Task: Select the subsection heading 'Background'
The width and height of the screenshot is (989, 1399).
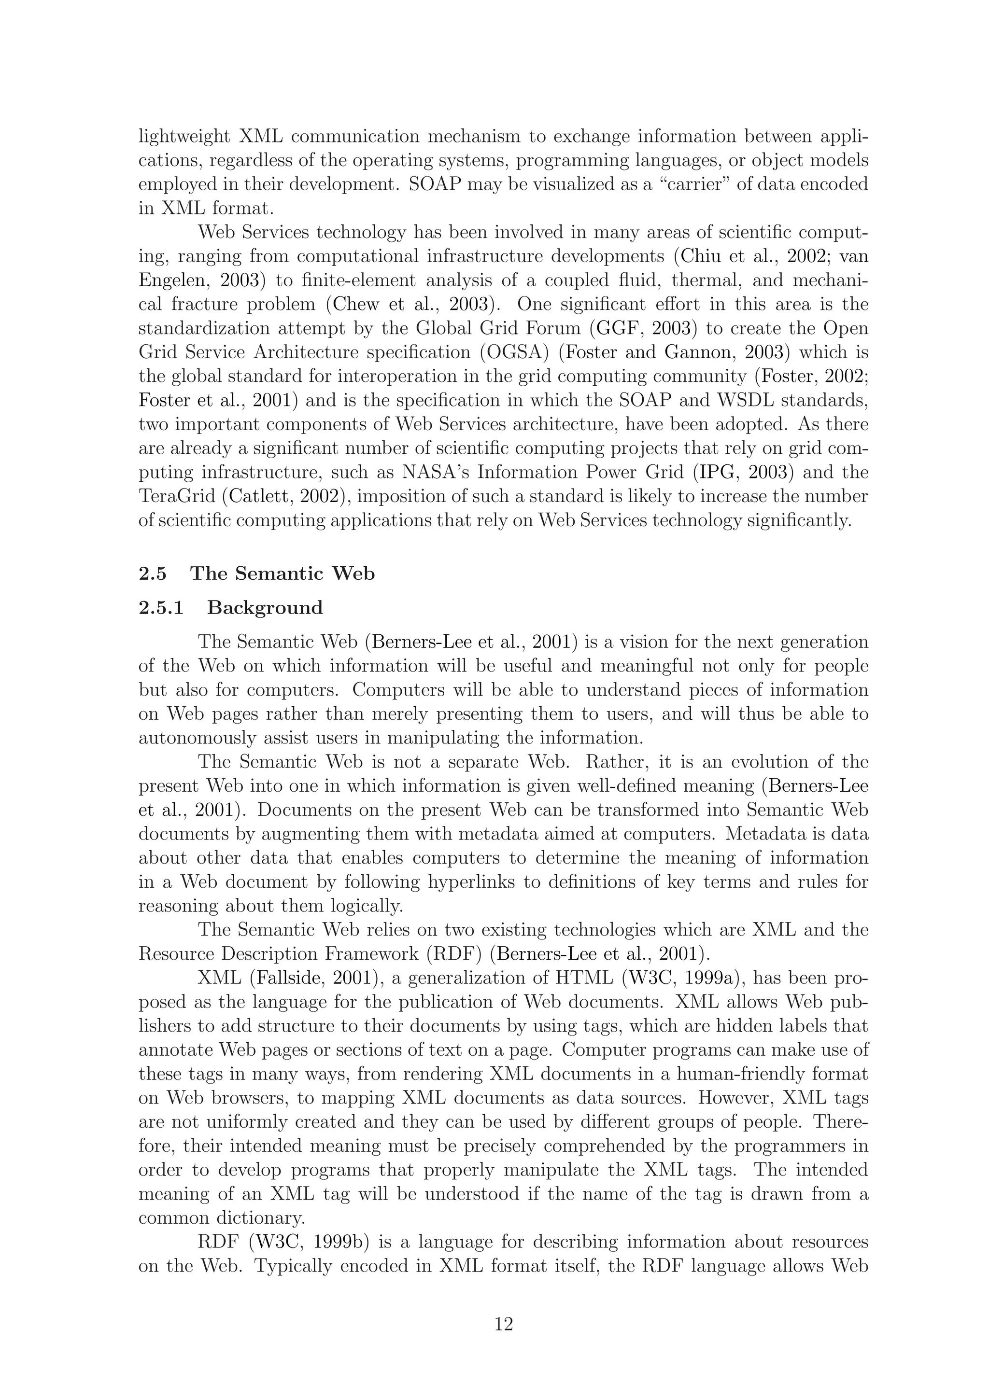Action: (x=265, y=608)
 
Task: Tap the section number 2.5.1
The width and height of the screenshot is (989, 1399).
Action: (x=161, y=608)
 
